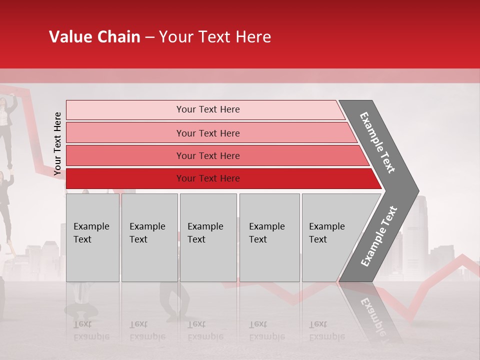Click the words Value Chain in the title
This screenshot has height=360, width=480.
pos(94,37)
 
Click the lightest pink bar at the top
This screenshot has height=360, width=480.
pos(125,110)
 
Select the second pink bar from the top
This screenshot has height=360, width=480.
pos(125,133)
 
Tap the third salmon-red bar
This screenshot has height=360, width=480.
pos(125,155)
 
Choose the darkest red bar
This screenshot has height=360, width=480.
pos(125,178)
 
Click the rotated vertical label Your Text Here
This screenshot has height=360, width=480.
pos(57,143)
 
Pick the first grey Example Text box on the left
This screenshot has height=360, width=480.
pos(92,237)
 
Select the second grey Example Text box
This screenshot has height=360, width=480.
pos(149,237)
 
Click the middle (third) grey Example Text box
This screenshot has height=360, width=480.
pos(208,237)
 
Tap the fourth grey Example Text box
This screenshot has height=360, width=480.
pos(269,237)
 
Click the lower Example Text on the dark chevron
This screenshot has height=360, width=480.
pos(379,236)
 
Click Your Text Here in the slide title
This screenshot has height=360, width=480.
pos(215,37)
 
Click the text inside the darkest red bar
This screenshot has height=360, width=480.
pos(208,178)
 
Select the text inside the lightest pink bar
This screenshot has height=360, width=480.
pos(208,109)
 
